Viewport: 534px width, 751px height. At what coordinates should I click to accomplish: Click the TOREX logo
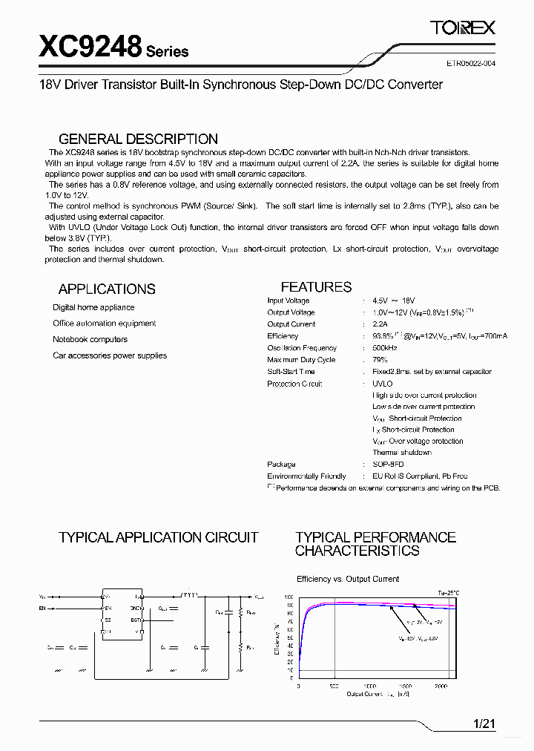click(x=463, y=28)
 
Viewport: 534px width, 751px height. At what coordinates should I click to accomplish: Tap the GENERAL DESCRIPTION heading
click(x=138, y=139)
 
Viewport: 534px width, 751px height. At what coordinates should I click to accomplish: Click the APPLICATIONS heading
click(x=107, y=289)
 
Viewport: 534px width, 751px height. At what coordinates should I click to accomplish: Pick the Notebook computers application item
click(x=90, y=339)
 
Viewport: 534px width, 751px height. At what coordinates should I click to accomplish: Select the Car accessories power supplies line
click(x=110, y=355)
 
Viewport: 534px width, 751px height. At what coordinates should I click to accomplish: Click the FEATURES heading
click(x=316, y=286)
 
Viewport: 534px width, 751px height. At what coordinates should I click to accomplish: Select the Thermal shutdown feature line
click(x=401, y=453)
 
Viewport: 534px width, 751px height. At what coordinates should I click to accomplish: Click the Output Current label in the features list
click(x=291, y=324)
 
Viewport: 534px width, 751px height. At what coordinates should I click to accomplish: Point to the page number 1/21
click(x=484, y=724)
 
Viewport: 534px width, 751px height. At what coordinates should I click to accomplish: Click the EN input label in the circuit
click(x=42, y=609)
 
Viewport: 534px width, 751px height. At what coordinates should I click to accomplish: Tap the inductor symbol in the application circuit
click(x=189, y=595)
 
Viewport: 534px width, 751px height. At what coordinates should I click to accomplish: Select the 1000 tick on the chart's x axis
click(x=369, y=687)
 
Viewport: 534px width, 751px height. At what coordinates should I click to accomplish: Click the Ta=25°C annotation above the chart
click(x=448, y=593)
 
